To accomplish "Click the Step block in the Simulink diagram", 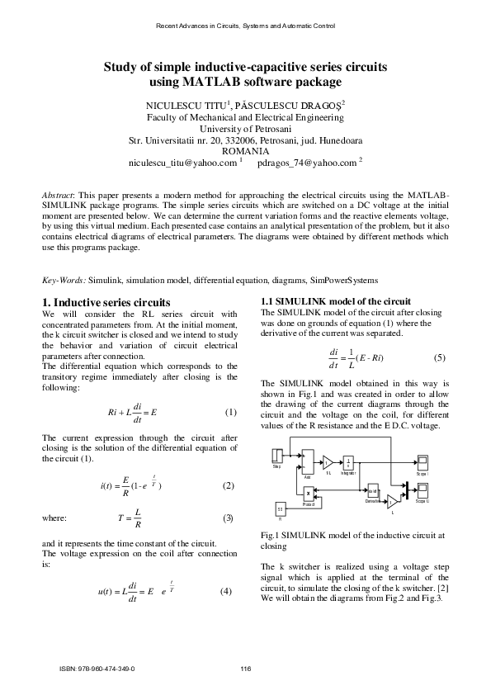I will pyautogui.click(x=278, y=457).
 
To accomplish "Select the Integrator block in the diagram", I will pyautogui.click(x=348, y=462).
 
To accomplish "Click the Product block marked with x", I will pyautogui.click(x=308, y=494).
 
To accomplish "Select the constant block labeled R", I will pyautogui.click(x=281, y=508).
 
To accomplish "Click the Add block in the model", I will pyautogui.click(x=308, y=461).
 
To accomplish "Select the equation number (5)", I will pyautogui.click(x=439, y=357).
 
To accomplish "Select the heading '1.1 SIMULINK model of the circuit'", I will pyautogui.click(x=335, y=300).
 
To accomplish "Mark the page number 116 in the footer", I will pyautogui.click(x=245, y=669).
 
